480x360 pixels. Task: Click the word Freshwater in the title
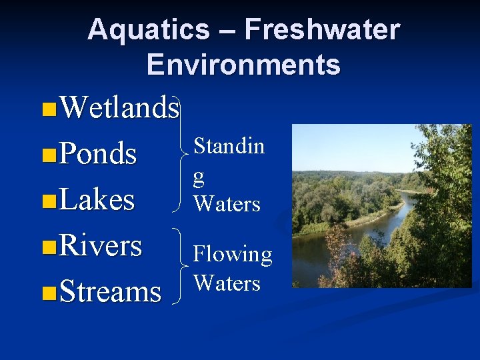[x=322, y=30]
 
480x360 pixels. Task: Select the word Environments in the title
[x=243, y=65]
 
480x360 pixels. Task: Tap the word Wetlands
[x=119, y=107]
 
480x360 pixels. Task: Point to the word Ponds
[x=98, y=154]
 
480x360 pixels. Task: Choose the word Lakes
[x=97, y=199]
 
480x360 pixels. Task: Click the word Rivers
[x=100, y=245]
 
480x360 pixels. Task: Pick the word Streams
[x=110, y=292]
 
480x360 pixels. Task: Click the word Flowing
[x=233, y=255]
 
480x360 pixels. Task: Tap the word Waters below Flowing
[x=227, y=283]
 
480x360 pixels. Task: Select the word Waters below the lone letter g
[x=227, y=203]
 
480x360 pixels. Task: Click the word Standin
[x=229, y=146]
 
